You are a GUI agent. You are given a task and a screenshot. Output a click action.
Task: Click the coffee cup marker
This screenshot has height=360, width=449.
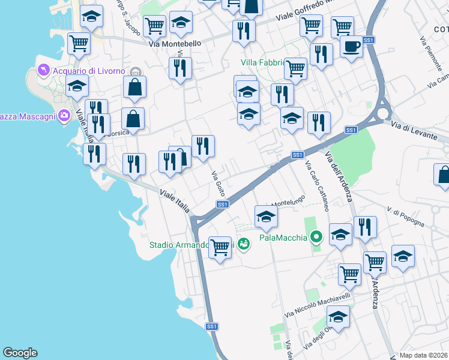351,46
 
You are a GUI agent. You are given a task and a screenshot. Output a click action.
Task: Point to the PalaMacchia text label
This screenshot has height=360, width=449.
283,238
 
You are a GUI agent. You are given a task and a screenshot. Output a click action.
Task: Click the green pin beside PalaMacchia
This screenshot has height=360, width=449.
317,237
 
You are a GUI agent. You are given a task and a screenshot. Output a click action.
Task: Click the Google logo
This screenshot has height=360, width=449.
20,353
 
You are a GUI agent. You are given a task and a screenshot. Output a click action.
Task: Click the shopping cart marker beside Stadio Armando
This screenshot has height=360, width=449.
220,247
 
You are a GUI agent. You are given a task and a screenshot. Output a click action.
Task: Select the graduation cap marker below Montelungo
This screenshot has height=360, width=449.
265,217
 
